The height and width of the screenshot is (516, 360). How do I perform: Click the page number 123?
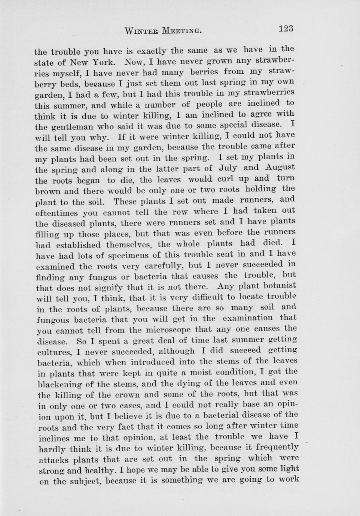286,29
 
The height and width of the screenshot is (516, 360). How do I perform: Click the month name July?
227,168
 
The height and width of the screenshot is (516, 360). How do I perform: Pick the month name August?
280,167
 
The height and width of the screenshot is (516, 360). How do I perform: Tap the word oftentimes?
56,213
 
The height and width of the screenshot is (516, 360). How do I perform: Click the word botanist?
280,286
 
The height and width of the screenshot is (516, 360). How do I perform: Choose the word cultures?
55,352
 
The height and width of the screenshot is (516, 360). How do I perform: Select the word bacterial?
240,415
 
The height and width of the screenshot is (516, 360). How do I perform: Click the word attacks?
54,460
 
